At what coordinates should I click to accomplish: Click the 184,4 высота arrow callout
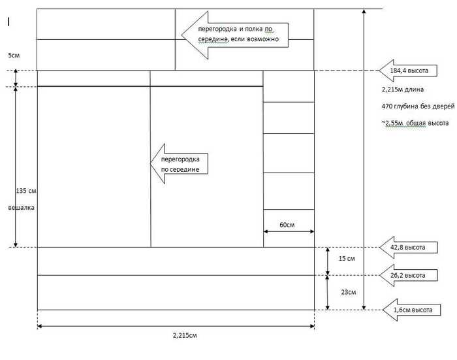coord(408,71)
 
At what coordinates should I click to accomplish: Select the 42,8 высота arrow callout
coord(409,248)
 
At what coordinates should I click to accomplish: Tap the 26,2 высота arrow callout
coord(409,275)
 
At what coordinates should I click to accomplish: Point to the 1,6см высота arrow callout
coord(411,310)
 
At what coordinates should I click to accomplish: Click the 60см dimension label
coord(287,225)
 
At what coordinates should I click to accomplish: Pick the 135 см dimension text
coord(26,191)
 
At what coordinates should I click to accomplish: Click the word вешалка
coord(22,208)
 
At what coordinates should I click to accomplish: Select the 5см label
coord(14,55)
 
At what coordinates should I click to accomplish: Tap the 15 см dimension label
coord(347,259)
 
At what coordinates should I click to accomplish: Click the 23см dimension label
coord(349,292)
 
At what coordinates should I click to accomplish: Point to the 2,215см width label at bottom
coord(185,335)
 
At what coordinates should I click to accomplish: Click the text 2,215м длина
coord(403,90)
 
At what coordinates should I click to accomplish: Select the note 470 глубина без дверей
coord(418,106)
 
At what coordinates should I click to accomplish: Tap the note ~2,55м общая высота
coord(415,123)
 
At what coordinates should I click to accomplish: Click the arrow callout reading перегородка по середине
coord(180,163)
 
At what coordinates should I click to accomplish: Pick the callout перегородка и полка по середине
coord(235,35)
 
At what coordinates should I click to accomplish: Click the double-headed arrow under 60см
coord(289,232)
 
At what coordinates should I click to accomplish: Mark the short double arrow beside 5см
coord(16,78)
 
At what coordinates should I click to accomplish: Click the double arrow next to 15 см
coord(328,261)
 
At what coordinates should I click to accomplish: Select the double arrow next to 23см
coord(328,293)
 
